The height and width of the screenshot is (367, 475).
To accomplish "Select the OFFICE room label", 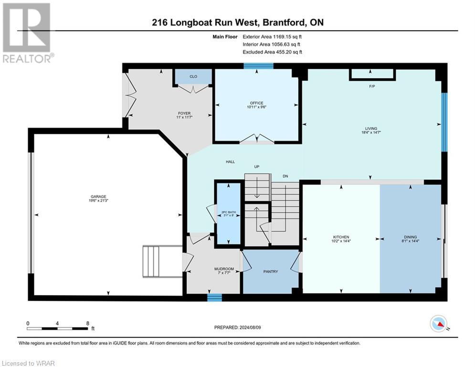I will tap(256, 103).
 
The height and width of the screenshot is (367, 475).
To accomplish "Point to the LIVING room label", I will tap(371, 129).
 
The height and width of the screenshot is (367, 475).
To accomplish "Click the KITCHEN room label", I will tap(341, 237).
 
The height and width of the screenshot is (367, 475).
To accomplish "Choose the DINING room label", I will tap(410, 237).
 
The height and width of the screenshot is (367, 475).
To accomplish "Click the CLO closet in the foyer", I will tap(193, 76).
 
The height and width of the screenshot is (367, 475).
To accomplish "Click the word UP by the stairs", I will tap(256, 167).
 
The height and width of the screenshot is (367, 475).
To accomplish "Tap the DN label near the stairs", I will tap(285, 176).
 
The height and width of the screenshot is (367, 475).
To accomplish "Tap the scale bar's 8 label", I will tap(88, 323).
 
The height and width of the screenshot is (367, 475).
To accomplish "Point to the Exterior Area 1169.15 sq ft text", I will tap(272, 36).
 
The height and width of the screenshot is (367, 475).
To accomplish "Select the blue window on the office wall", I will tap(258, 66).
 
